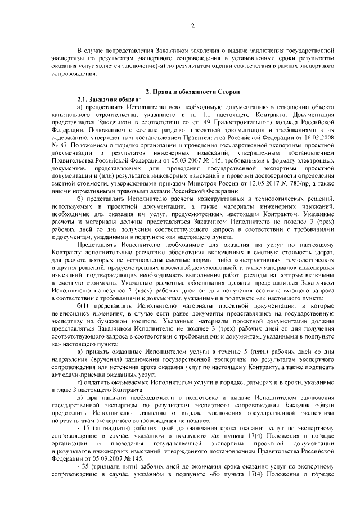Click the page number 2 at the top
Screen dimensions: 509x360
192,25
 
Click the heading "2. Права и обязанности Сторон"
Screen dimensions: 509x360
192,91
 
